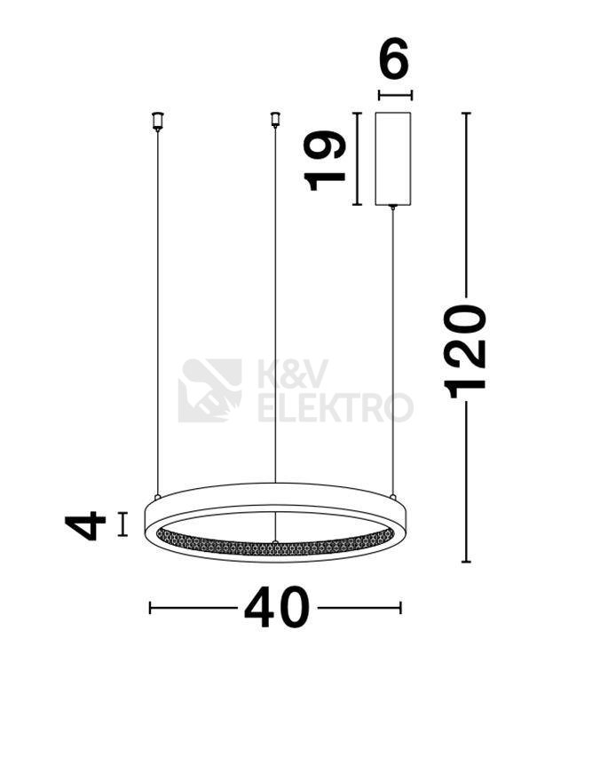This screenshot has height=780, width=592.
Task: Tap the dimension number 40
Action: pyautogui.click(x=277, y=607)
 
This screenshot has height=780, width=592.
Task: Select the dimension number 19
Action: pyautogui.click(x=326, y=161)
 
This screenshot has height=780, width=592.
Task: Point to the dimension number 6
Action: pyautogui.click(x=393, y=59)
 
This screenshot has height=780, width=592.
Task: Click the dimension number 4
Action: pyautogui.click(x=85, y=525)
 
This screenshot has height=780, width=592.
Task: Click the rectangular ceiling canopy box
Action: pyautogui.click(x=393, y=159)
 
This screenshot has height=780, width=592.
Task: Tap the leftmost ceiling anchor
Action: pyautogui.click(x=158, y=122)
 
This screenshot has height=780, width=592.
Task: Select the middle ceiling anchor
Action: pyautogui.click(x=274, y=120)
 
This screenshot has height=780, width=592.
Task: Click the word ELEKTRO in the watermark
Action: pyautogui.click(x=335, y=407)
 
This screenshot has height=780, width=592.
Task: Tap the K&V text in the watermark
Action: pyautogui.click(x=293, y=374)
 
